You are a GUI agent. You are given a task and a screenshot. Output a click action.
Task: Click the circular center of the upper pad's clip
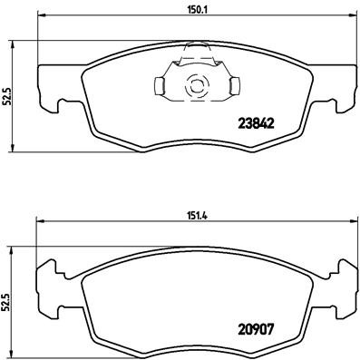point(196,87)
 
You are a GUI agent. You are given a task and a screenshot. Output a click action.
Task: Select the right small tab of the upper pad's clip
point(235,87)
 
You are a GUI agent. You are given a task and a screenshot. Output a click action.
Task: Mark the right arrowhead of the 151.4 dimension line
point(349,222)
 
